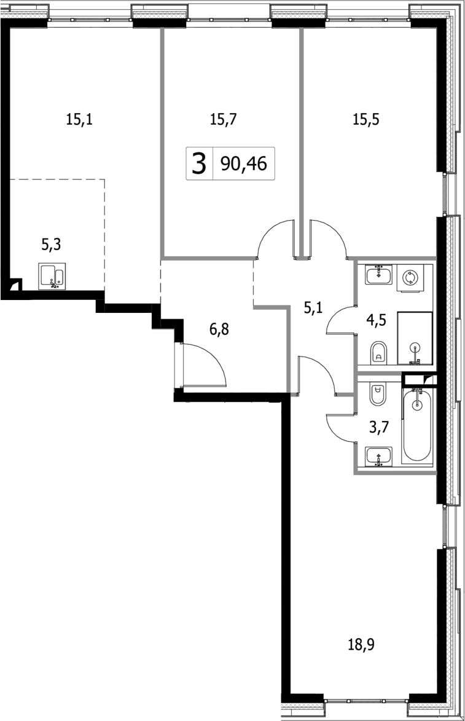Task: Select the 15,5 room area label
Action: point(365,120)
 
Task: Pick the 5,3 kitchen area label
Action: point(52,245)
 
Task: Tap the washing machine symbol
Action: point(410,278)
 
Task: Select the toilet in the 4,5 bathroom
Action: point(379,353)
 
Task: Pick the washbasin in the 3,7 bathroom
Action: point(379,457)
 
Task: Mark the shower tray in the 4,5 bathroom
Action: point(415,338)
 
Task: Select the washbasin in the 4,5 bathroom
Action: point(380,275)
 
